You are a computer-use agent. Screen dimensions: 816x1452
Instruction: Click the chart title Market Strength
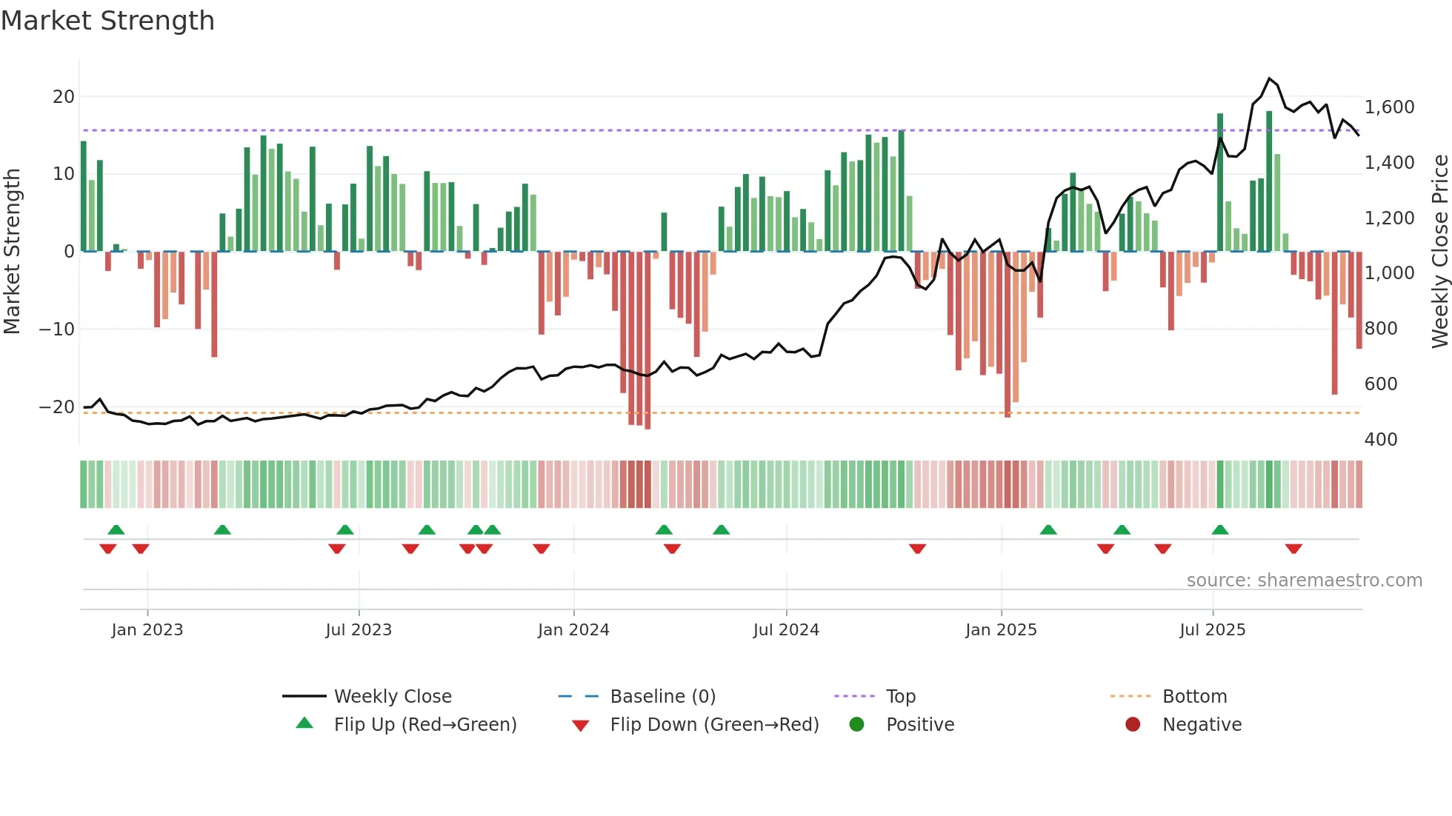point(107,21)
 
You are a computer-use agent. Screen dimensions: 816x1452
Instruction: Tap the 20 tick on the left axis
point(64,97)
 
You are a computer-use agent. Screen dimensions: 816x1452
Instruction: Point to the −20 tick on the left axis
point(57,407)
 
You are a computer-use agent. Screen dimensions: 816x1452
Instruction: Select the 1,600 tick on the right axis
point(1389,107)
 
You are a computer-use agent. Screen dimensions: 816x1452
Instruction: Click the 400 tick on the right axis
point(1380,440)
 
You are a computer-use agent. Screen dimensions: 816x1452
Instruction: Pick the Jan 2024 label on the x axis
point(573,630)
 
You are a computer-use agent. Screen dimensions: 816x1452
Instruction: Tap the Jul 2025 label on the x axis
point(1212,630)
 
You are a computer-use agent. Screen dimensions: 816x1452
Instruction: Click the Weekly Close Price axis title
point(1439,252)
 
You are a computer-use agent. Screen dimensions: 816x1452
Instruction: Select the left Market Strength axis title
point(12,252)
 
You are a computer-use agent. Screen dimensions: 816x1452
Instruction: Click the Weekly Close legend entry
point(392,697)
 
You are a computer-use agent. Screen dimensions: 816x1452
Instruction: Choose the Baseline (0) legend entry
point(662,697)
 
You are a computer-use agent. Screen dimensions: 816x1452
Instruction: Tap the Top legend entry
point(900,697)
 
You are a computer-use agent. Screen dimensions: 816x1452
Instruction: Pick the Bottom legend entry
point(1194,697)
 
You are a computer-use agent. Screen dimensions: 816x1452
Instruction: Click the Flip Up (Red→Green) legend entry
point(424,725)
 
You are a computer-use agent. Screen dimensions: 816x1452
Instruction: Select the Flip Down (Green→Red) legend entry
point(713,725)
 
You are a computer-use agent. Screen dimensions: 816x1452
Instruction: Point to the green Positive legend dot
point(857,725)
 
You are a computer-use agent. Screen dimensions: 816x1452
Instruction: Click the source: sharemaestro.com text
point(1304,581)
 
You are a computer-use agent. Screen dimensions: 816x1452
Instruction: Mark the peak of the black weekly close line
point(1269,78)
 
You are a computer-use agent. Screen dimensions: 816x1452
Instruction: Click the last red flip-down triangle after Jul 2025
point(1293,549)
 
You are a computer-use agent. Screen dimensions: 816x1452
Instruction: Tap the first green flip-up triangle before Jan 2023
point(116,529)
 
